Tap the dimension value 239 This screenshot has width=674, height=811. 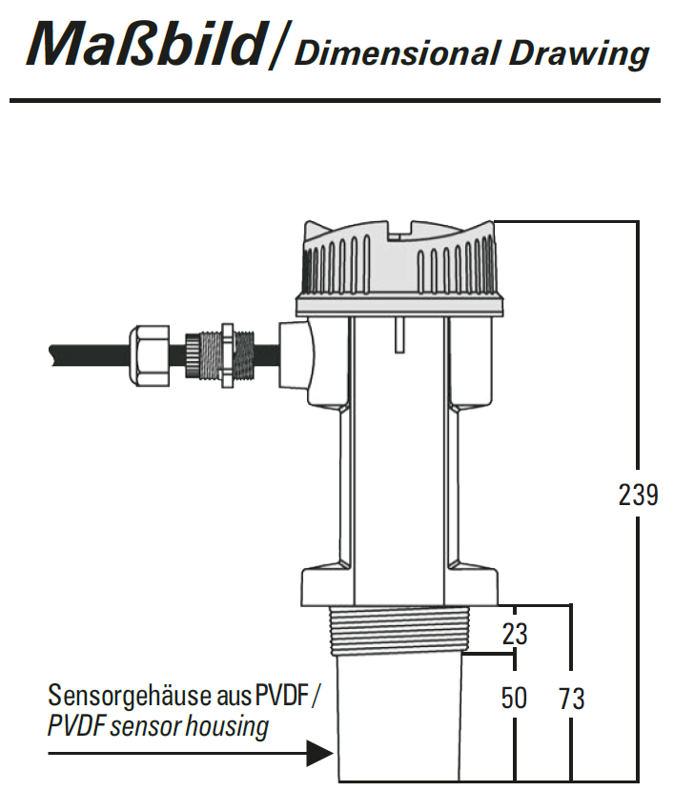pos(637,496)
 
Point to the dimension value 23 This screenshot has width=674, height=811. pos(515,634)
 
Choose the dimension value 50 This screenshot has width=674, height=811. pos(514,699)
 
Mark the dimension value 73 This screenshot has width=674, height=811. pos(571,699)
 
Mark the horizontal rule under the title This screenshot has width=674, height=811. pos(334,100)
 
